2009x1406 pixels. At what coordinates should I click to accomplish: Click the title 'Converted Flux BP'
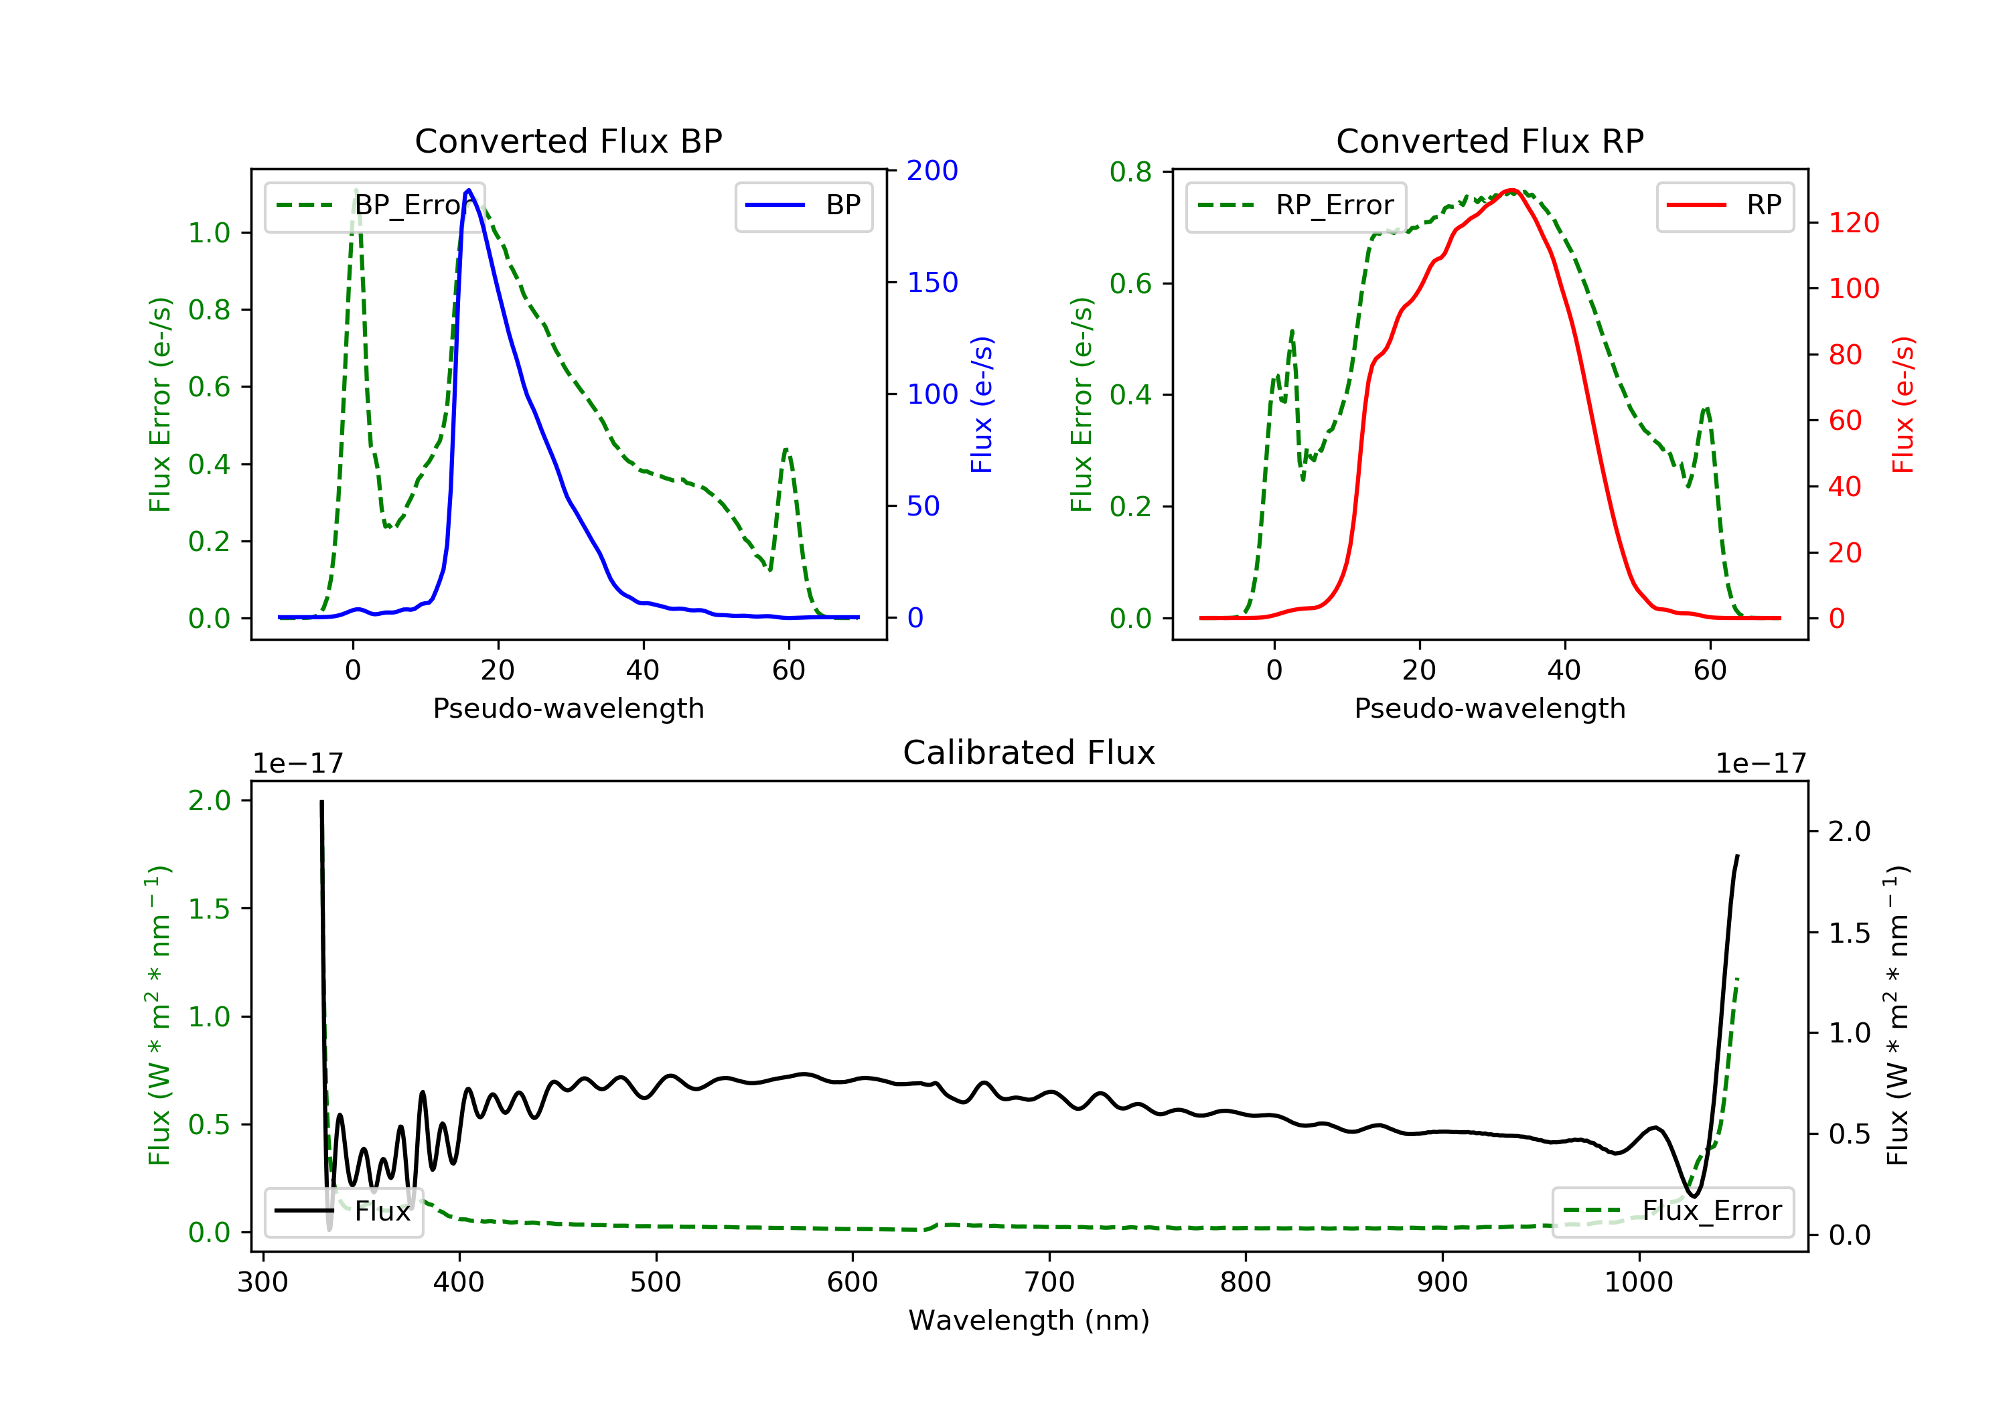tap(568, 141)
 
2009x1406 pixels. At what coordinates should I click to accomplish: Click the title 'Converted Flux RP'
tap(1489, 141)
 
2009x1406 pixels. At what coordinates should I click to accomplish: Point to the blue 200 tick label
tap(932, 171)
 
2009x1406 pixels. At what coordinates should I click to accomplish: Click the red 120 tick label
tap(1853, 223)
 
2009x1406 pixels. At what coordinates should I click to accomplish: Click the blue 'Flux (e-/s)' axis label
tap(982, 405)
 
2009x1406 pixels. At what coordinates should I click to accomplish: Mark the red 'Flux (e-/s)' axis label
tap(1903, 405)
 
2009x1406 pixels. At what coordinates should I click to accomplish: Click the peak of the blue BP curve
tap(469, 190)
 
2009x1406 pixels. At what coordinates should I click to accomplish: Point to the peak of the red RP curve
tap(1511, 190)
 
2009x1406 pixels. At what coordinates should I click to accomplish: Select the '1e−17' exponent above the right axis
tap(1761, 764)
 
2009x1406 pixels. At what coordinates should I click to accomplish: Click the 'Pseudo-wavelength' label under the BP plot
tap(568, 708)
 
